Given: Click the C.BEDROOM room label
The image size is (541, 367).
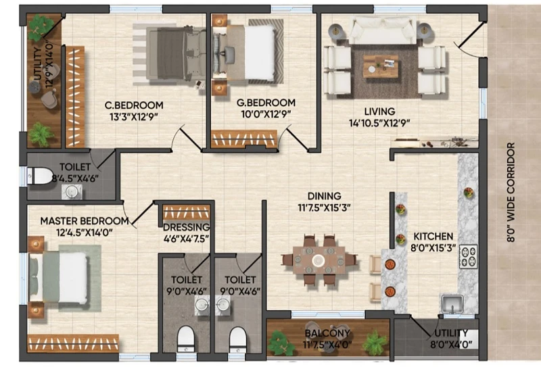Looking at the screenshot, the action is point(134,105).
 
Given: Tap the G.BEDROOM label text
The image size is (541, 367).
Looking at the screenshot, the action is point(266,103).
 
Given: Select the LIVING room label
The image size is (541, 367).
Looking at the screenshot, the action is point(379,112).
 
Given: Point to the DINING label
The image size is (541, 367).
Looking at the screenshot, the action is point(325,196).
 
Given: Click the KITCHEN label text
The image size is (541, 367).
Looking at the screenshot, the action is point(433,237).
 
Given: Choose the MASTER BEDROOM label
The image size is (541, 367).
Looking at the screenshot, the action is point(85,221).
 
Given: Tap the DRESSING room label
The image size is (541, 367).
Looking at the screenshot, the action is point(187,227).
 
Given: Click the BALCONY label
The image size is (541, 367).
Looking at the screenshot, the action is point(327,333).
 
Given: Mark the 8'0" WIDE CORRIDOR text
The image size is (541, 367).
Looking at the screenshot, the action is point(511,193).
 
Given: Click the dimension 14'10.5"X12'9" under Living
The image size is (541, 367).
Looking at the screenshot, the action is point(379,123).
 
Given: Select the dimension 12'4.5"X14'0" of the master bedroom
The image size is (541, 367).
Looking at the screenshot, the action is point(85,233).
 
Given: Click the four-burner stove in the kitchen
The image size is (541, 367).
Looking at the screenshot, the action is point(469,256).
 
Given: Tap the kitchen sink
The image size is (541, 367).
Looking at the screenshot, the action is point(452,303).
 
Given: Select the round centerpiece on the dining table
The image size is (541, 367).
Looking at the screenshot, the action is point(318,260).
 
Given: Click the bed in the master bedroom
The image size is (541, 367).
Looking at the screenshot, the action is point(58,278).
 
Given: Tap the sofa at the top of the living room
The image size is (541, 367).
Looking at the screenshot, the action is point(382,30).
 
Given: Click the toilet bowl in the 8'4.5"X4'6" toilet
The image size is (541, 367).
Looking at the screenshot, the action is point(39,176).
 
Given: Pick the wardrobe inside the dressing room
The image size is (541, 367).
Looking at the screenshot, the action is point(187,212).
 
